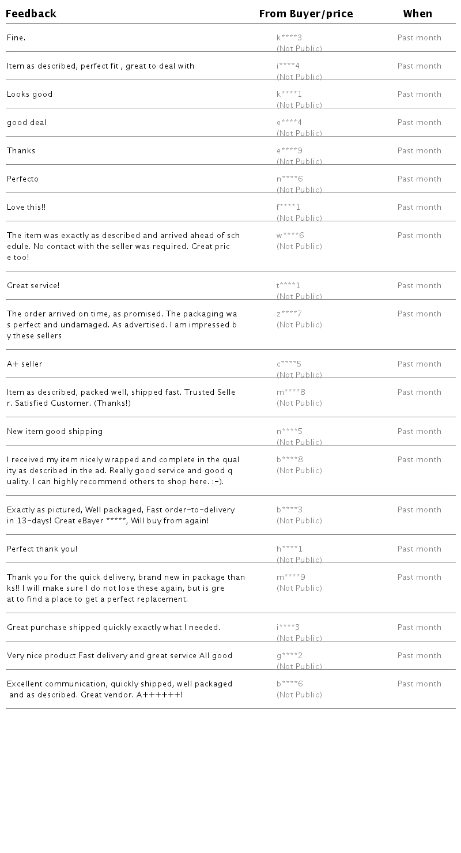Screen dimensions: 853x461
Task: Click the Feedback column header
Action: tap(31, 14)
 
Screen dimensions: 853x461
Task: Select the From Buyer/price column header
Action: tap(305, 14)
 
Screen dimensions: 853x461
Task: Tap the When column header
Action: tap(417, 14)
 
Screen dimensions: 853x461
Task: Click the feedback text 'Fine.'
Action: tap(16, 38)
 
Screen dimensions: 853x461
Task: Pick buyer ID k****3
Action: tap(289, 38)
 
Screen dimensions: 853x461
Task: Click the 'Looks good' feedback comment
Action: tap(29, 95)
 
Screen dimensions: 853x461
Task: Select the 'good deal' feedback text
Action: tap(27, 123)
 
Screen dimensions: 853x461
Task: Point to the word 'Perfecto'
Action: tap(22, 179)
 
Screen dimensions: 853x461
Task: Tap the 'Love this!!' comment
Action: tap(26, 207)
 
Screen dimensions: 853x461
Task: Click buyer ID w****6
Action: tap(290, 236)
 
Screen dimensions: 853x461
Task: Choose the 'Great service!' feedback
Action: tap(33, 286)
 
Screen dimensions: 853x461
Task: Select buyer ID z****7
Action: tap(289, 314)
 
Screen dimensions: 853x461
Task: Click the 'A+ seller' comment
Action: tap(24, 364)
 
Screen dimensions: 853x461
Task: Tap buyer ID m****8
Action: tap(291, 392)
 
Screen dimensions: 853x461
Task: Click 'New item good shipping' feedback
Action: tap(55, 432)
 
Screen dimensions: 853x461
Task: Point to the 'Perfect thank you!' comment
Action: tap(42, 549)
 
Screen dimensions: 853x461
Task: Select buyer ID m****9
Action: tap(291, 578)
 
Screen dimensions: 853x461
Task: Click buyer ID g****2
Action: tap(289, 656)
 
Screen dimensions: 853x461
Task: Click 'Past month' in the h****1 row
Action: tap(419, 549)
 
